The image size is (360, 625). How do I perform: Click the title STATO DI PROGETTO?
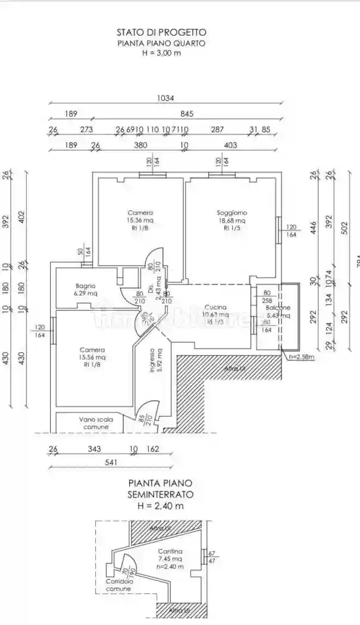coord(161,33)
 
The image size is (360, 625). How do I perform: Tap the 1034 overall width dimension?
coord(165,99)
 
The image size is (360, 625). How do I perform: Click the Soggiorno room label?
coord(231,212)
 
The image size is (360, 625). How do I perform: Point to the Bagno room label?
coord(85,286)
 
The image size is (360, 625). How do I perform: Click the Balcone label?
coord(278,308)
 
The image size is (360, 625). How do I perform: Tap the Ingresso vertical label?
coord(152,361)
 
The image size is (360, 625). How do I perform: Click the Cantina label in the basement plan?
coord(170,551)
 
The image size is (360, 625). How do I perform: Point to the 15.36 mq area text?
coord(140,220)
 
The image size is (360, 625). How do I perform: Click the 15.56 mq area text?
coord(92,357)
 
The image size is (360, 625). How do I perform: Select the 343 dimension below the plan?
coord(94,449)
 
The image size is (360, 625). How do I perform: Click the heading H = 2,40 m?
coord(160,506)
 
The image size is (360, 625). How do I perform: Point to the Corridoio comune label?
coord(118,585)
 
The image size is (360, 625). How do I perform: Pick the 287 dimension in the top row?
coord(218,129)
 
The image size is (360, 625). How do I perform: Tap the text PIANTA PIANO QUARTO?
coord(161,43)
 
